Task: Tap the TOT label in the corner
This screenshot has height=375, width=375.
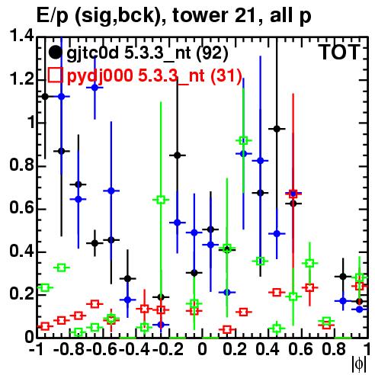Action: (339, 52)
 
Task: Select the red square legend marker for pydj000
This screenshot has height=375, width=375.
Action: (55, 75)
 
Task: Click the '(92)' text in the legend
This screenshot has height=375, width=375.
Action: (213, 53)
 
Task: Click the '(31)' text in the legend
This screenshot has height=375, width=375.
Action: (226, 75)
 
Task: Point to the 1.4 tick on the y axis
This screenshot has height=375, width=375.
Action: (21, 37)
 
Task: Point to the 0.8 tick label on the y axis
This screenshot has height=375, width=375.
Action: (21, 165)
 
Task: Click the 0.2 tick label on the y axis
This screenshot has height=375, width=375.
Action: (21, 294)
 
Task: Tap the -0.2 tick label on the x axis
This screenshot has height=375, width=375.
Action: (168, 350)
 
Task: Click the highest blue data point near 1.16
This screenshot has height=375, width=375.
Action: (95, 88)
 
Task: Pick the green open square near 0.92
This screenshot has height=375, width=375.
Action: (243, 140)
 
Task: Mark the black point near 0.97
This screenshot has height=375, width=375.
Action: (277, 129)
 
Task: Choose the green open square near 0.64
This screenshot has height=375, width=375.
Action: (161, 200)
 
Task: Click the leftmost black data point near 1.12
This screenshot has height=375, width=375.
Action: (45, 97)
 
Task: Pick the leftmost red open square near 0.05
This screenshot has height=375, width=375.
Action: (45, 326)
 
